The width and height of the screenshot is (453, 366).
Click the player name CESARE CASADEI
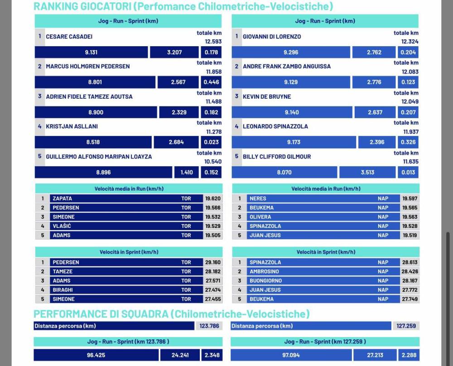pos(69,36)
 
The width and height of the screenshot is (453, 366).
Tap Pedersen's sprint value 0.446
pos(211,82)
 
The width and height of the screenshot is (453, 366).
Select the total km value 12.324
pos(410,42)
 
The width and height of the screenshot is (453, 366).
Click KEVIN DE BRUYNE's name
pos(267,96)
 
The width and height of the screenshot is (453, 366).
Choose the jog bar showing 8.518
pos(93,142)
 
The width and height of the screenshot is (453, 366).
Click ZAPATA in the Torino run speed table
pos(62,198)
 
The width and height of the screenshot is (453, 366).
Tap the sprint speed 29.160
pos(212,262)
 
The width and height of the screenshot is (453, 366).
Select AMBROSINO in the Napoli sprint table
pos(265,271)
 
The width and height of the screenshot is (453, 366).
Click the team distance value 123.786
pos(209,326)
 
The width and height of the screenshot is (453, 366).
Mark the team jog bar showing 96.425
pos(96,355)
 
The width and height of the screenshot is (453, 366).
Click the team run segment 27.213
pos(374,355)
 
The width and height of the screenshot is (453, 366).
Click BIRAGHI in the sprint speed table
pos(63,290)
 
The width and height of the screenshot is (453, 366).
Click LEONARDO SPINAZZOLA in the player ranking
pos(275,126)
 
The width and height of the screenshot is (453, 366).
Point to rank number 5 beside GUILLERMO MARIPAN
pos(40,156)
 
